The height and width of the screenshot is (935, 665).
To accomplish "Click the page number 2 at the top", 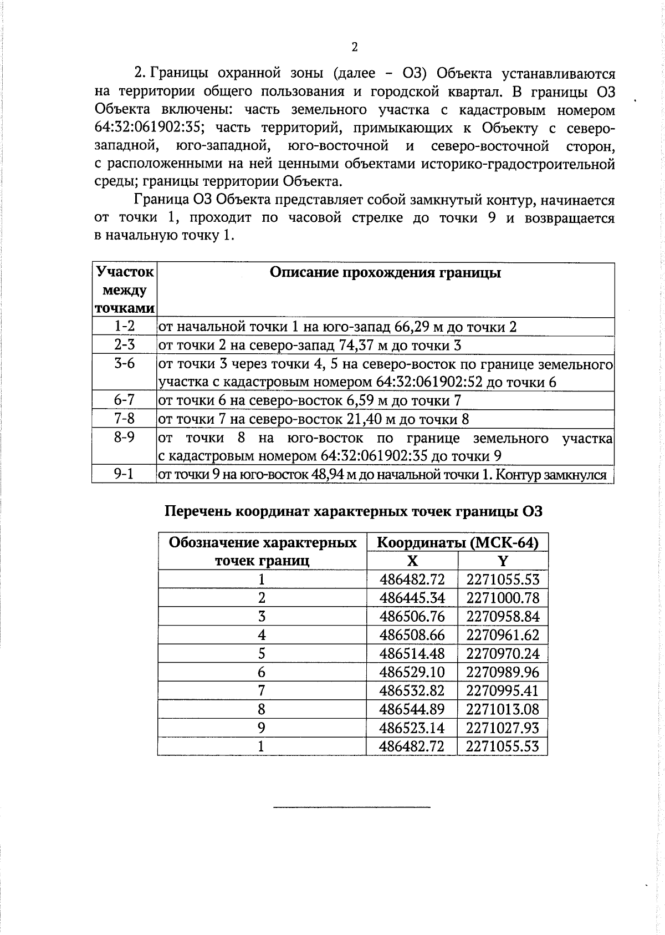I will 355,47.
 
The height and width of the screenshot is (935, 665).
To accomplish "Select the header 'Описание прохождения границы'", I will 385,273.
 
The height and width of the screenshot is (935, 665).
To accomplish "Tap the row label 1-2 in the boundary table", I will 124,326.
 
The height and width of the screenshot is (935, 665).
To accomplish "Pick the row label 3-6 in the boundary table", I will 124,363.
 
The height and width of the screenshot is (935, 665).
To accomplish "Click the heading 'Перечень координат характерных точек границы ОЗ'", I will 354,511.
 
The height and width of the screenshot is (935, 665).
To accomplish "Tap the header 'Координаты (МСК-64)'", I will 457,542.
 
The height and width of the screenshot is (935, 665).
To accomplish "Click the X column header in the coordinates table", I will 412,561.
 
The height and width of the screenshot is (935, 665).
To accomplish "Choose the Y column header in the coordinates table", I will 502,561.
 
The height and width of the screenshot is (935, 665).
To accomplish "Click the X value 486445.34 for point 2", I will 412,598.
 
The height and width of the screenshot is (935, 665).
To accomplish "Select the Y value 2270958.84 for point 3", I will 502,616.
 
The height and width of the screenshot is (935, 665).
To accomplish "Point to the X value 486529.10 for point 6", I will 412,672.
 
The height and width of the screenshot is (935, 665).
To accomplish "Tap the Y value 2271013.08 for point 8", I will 502,709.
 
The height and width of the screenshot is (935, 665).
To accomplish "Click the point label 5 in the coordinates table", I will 262,653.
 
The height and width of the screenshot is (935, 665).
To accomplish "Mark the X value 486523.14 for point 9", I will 412,728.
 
